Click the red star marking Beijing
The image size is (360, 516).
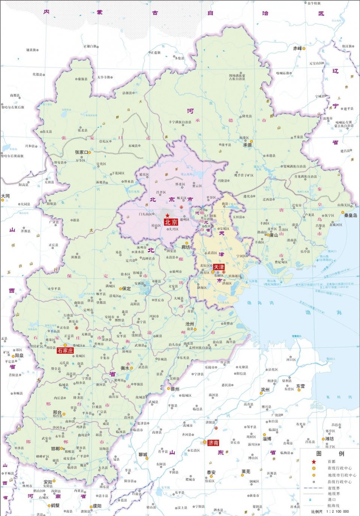coord(167,216)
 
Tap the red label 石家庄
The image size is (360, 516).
coord(65,351)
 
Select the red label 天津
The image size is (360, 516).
coord(219,267)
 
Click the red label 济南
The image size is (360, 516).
coord(213,443)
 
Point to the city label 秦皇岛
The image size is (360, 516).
coord(351,216)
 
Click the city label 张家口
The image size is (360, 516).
coord(81,152)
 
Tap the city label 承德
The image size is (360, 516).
coord(247,145)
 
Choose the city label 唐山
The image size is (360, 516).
coord(274,235)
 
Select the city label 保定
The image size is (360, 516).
coord(127,288)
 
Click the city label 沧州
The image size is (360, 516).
coord(190,324)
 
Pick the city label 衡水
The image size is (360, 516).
coord(125,368)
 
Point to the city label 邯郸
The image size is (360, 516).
coord(55,449)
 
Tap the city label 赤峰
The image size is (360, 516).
coord(297,48)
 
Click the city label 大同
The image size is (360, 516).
coord(5,196)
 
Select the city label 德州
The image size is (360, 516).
coord(175,389)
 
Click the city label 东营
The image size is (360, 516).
coord(300,386)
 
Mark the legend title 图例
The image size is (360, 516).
coord(330,453)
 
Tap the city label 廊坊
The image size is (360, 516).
coord(186,247)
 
